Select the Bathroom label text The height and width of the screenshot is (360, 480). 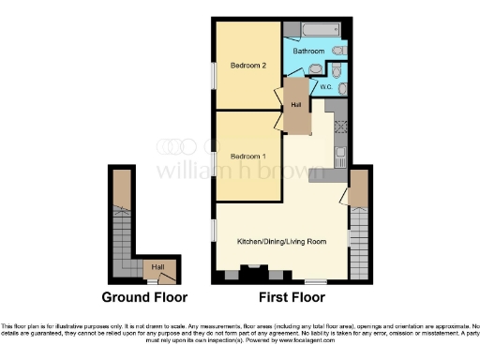(310, 51)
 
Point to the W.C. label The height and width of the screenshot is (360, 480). (327, 87)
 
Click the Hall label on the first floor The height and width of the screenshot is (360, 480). (295, 105)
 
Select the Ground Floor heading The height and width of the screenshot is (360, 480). (144, 297)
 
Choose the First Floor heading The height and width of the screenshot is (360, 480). (292, 297)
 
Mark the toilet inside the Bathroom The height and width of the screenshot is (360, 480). (338, 51)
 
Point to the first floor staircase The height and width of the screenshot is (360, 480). (359, 239)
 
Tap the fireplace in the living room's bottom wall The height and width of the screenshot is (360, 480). (251, 275)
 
